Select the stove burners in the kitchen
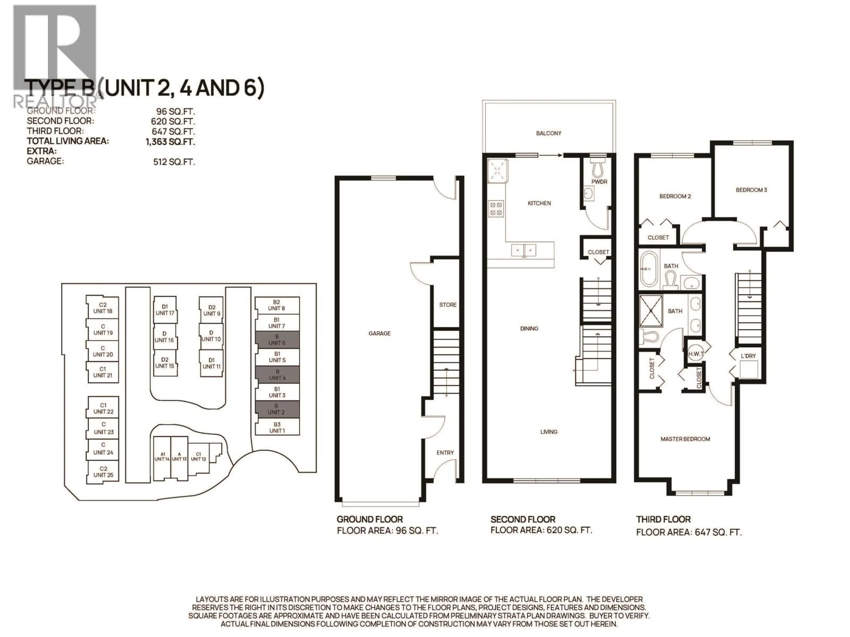point(496,209)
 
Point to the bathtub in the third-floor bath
point(649,269)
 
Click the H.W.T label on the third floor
point(696,354)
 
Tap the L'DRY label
point(748,356)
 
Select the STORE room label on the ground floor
point(448,305)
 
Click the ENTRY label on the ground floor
point(445,453)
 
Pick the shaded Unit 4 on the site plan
point(277,375)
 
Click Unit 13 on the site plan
point(179,457)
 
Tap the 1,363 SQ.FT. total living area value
point(170,142)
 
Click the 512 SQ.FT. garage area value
point(174,162)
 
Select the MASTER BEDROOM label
point(685,439)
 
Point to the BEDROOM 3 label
point(751,190)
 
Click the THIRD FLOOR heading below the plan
point(663,520)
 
